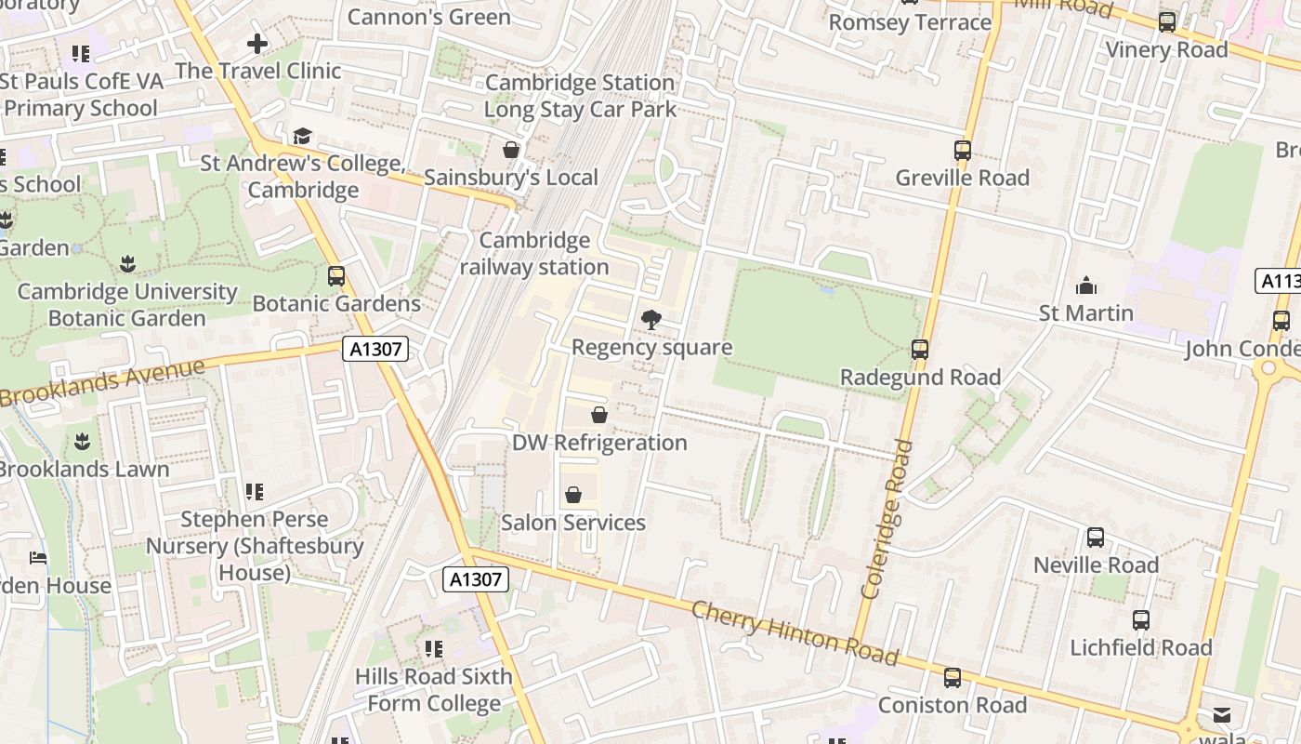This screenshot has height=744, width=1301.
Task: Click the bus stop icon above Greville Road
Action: pyautogui.click(x=963, y=150)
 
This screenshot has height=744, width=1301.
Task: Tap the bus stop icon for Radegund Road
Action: pyautogui.click(x=920, y=350)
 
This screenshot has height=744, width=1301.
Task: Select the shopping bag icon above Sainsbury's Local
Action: pyautogui.click(x=510, y=150)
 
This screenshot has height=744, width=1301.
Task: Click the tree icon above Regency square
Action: pyautogui.click(x=651, y=320)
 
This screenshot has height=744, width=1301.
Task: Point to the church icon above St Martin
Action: pyautogui.click(x=1085, y=286)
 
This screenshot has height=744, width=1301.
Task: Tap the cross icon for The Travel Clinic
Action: pyautogui.click(x=257, y=43)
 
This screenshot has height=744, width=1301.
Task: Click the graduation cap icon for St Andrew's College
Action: pyautogui.click(x=301, y=137)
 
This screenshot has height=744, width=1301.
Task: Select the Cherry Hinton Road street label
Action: pyautogui.click(x=795, y=633)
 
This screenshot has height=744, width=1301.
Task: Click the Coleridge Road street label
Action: pyautogui.click(x=884, y=519)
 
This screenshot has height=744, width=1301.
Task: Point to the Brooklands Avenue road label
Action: pyautogui.click(x=102, y=381)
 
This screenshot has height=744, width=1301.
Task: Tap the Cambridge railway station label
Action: pyautogui.click(x=534, y=254)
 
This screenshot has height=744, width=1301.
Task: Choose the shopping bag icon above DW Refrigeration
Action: pyautogui.click(x=599, y=415)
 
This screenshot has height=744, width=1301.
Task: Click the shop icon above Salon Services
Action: pyautogui.click(x=573, y=495)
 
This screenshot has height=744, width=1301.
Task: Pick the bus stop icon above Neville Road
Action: pyautogui.click(x=1096, y=537)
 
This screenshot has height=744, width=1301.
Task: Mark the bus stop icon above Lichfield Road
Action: pyautogui.click(x=1140, y=619)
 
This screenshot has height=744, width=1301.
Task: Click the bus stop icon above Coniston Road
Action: pyautogui.click(x=953, y=677)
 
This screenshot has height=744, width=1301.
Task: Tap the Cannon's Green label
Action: pyautogui.click(x=428, y=17)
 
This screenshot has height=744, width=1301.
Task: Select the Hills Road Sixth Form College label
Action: pyautogui.click(x=434, y=689)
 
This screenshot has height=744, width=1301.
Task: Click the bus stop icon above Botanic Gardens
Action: pyautogui.click(x=336, y=275)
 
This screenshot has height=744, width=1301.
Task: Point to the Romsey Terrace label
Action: pyautogui.click(x=910, y=22)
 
